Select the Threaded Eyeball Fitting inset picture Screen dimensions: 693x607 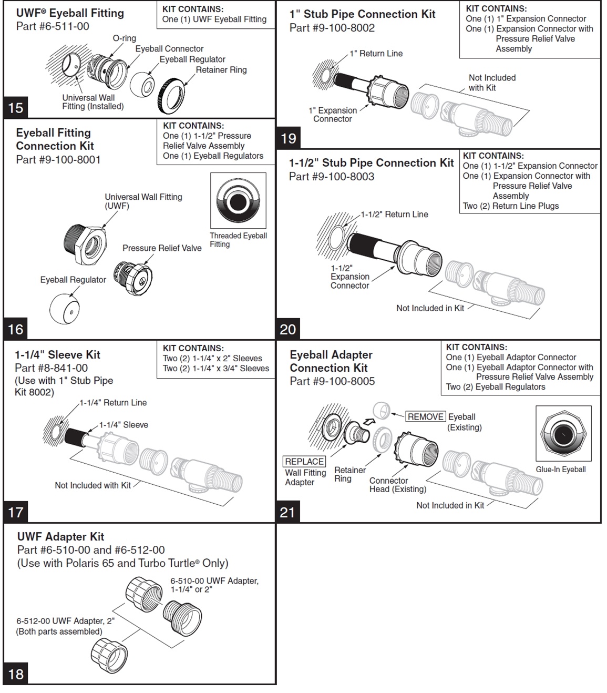pyautogui.click(x=238, y=201)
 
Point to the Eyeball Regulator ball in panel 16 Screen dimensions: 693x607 pyautogui.click(x=64, y=309)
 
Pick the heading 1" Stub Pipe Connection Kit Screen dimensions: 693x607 pyautogui.click(x=362, y=14)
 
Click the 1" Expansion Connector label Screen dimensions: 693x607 pyautogui.click(x=332, y=115)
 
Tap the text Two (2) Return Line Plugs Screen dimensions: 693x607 pyautogui.click(x=510, y=206)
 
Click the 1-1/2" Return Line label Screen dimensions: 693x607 pyautogui.click(x=394, y=215)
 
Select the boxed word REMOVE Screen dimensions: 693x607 pyautogui.click(x=425, y=417)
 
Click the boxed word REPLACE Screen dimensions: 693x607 pyautogui.click(x=304, y=462)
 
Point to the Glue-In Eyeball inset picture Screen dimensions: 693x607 pyautogui.click(x=563, y=433)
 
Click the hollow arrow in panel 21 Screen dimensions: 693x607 pyautogui.click(x=370, y=421)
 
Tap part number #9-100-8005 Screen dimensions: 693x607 pyautogui.click(x=332, y=381)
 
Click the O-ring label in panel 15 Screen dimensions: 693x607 pyautogui.click(x=124, y=38)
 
